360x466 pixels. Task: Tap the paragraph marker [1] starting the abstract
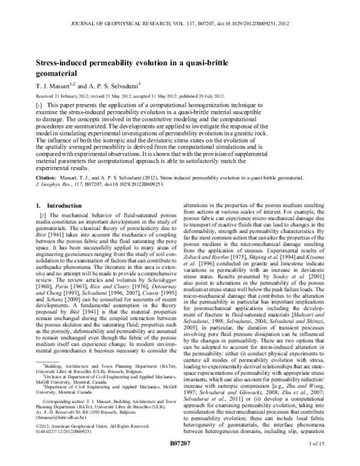[x=39, y=104]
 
